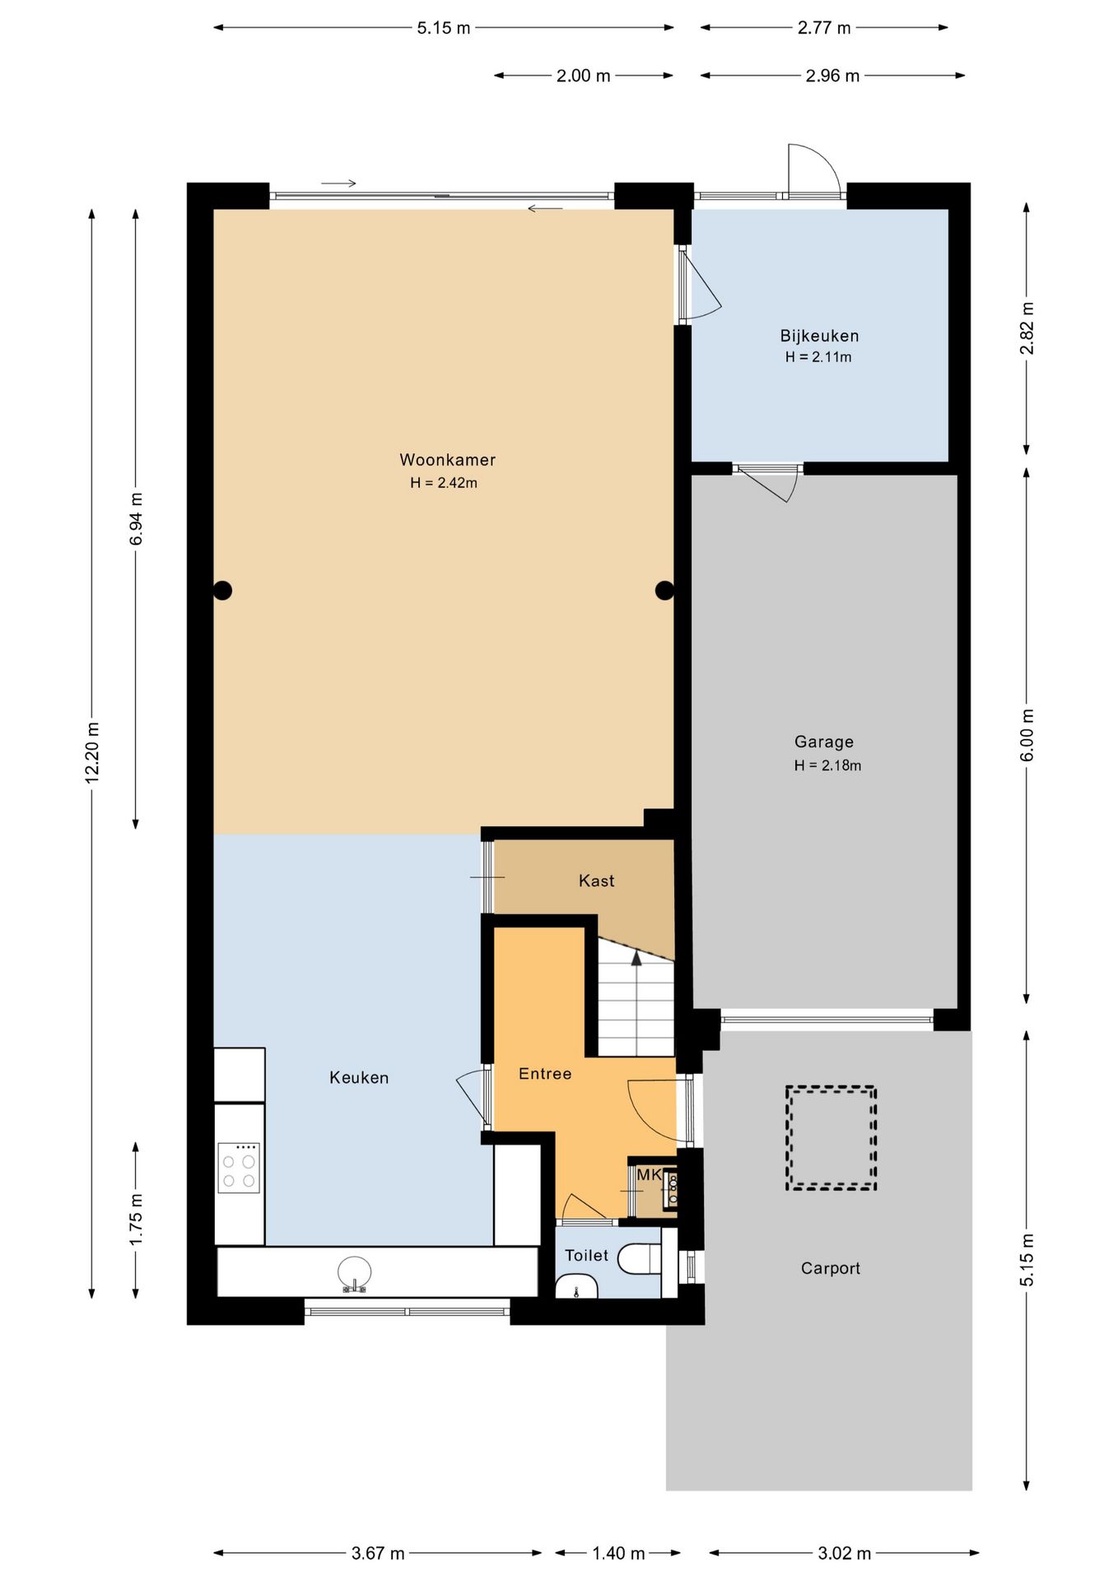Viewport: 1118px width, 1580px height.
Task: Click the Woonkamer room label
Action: coord(447,460)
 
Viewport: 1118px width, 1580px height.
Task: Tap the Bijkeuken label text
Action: coord(819,336)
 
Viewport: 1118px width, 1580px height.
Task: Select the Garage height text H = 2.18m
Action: coord(827,765)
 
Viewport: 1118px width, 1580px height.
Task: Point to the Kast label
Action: coord(596,881)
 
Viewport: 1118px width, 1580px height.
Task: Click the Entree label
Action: coord(545,1073)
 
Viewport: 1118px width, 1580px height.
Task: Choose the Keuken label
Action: coord(359,1077)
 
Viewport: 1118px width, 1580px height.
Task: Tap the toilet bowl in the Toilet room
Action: coord(640,1258)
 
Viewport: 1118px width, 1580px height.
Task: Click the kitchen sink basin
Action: coord(355,1273)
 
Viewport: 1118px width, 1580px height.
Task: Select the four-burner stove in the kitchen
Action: coord(239,1168)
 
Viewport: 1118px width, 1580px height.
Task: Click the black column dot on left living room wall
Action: coord(222,590)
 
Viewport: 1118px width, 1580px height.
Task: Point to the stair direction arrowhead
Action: coord(636,958)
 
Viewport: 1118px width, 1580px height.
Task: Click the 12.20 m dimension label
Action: coord(92,752)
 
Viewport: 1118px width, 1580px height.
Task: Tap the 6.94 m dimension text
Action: coord(136,519)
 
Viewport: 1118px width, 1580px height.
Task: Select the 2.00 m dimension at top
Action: coord(583,76)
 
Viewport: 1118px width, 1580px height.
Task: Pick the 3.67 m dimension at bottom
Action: coord(378,1553)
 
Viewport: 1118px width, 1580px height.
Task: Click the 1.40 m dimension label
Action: coord(618,1553)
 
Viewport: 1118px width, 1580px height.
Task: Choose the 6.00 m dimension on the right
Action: coord(1027,735)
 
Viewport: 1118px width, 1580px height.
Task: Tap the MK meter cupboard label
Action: coord(649,1174)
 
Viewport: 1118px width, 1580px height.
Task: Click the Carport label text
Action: coord(830,1268)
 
